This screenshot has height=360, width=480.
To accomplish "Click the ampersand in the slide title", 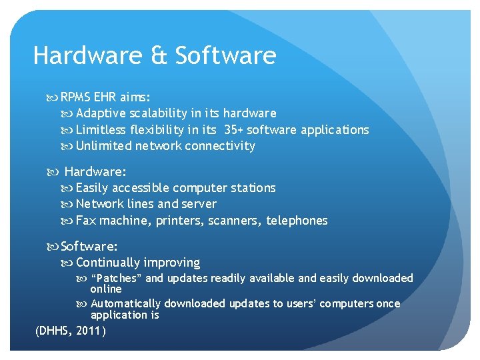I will click(x=159, y=55).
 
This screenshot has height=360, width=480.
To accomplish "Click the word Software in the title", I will click(x=225, y=55).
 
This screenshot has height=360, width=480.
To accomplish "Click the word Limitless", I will click(x=101, y=129).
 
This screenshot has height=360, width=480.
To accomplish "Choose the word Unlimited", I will click(x=103, y=145).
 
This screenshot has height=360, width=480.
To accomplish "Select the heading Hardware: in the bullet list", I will click(x=95, y=172).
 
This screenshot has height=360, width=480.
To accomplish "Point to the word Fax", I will click(x=85, y=220).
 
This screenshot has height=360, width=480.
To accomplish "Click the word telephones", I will click(x=297, y=220).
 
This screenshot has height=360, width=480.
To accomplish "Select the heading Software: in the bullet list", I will click(x=89, y=247).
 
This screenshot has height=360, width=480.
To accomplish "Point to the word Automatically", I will click(x=125, y=303).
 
